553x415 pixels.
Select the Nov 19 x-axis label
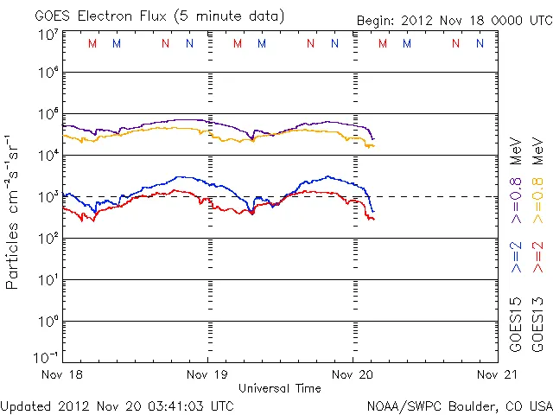click(208, 374)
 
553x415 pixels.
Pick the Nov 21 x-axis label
click(497, 374)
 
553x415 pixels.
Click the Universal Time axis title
click(280, 388)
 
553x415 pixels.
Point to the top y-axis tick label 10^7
click(47, 35)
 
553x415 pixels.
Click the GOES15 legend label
click(516, 324)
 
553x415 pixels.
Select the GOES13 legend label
click(537, 324)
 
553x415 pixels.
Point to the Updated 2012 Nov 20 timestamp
click(117, 405)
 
